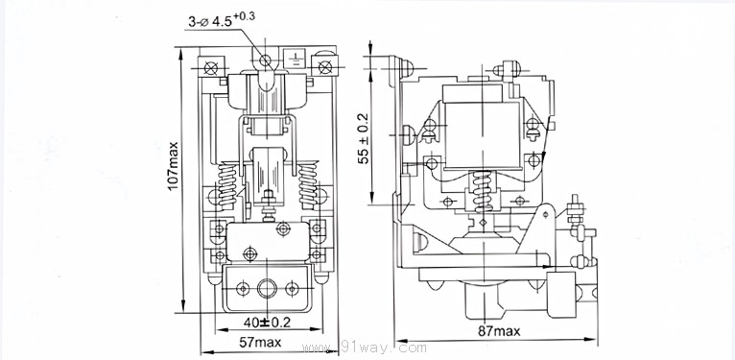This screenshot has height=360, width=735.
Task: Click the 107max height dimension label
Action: point(173,165)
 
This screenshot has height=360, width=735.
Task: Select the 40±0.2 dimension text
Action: point(267,323)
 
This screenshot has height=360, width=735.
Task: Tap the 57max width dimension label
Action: point(260,343)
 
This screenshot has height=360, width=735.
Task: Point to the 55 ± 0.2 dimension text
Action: point(364,138)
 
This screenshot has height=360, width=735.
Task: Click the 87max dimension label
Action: point(499,331)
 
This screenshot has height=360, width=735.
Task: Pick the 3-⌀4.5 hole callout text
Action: point(222,20)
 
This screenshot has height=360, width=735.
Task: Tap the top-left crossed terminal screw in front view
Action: point(210,68)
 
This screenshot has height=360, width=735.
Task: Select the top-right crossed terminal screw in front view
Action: point(325,67)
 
